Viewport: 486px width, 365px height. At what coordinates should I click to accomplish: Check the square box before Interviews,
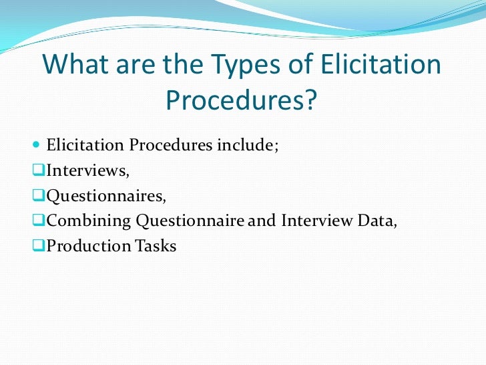tap(38, 170)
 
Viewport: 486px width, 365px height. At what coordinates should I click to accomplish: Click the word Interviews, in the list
tap(87, 170)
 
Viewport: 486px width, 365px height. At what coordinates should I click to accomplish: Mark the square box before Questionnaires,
tap(38, 196)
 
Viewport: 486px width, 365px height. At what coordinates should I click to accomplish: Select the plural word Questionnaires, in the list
tap(105, 196)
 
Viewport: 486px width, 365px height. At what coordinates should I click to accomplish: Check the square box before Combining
tap(38, 221)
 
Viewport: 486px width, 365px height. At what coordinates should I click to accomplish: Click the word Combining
tap(86, 221)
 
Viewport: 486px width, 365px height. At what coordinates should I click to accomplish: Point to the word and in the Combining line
tap(261, 221)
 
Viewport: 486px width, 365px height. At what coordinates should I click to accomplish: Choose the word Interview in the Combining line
tap(312, 221)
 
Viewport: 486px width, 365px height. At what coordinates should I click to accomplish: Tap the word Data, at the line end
tap(377, 221)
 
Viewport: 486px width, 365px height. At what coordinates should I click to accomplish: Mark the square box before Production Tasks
tap(38, 246)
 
